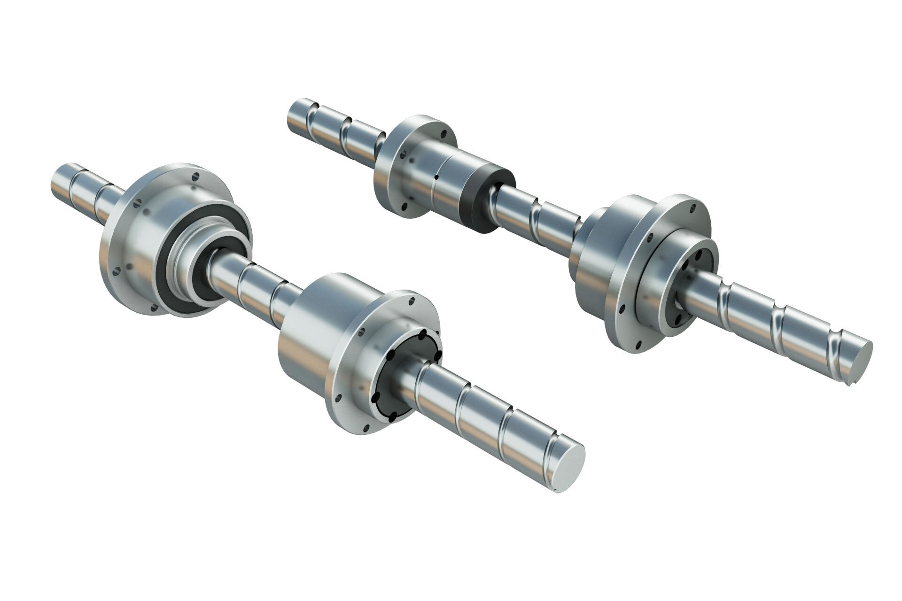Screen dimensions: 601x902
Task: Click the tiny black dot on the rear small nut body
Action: coord(436,177)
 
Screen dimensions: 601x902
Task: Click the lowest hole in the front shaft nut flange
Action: coord(365,428)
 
